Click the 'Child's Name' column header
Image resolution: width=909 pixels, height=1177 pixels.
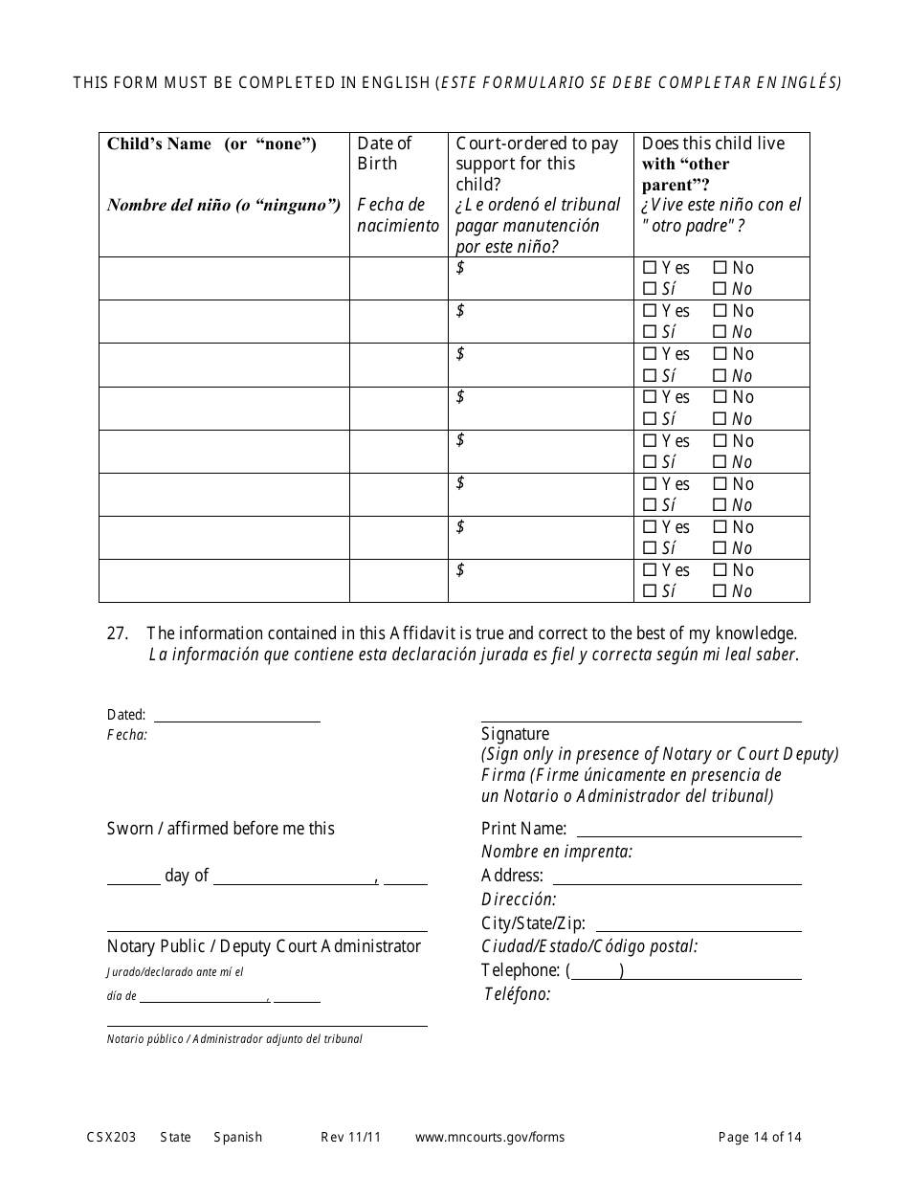(x=211, y=144)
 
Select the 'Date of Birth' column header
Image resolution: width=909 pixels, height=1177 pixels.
(x=384, y=153)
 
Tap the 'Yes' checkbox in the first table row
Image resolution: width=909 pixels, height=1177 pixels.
(x=651, y=269)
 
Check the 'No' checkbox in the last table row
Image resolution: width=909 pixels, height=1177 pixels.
(x=720, y=571)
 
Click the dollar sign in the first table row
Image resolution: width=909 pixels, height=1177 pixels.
(x=460, y=268)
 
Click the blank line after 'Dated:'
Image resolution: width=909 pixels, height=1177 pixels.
(x=236, y=717)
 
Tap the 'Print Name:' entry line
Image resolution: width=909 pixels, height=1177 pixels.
(x=688, y=832)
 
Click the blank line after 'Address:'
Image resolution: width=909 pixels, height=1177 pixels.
(x=676, y=878)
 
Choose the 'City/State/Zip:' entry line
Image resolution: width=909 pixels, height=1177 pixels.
(x=698, y=926)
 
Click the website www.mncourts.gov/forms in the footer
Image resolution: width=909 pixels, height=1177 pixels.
(x=489, y=1138)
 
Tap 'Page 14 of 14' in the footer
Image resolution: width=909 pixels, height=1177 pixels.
(x=760, y=1138)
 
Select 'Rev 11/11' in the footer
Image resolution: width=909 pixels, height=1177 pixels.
(x=350, y=1138)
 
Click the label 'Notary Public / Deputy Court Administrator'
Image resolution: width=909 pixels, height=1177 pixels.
(x=264, y=946)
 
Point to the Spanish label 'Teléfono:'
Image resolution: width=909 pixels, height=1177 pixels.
(x=517, y=994)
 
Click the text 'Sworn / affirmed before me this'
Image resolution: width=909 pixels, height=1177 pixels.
(x=221, y=829)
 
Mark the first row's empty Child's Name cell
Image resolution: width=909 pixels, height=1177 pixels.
(x=224, y=278)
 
